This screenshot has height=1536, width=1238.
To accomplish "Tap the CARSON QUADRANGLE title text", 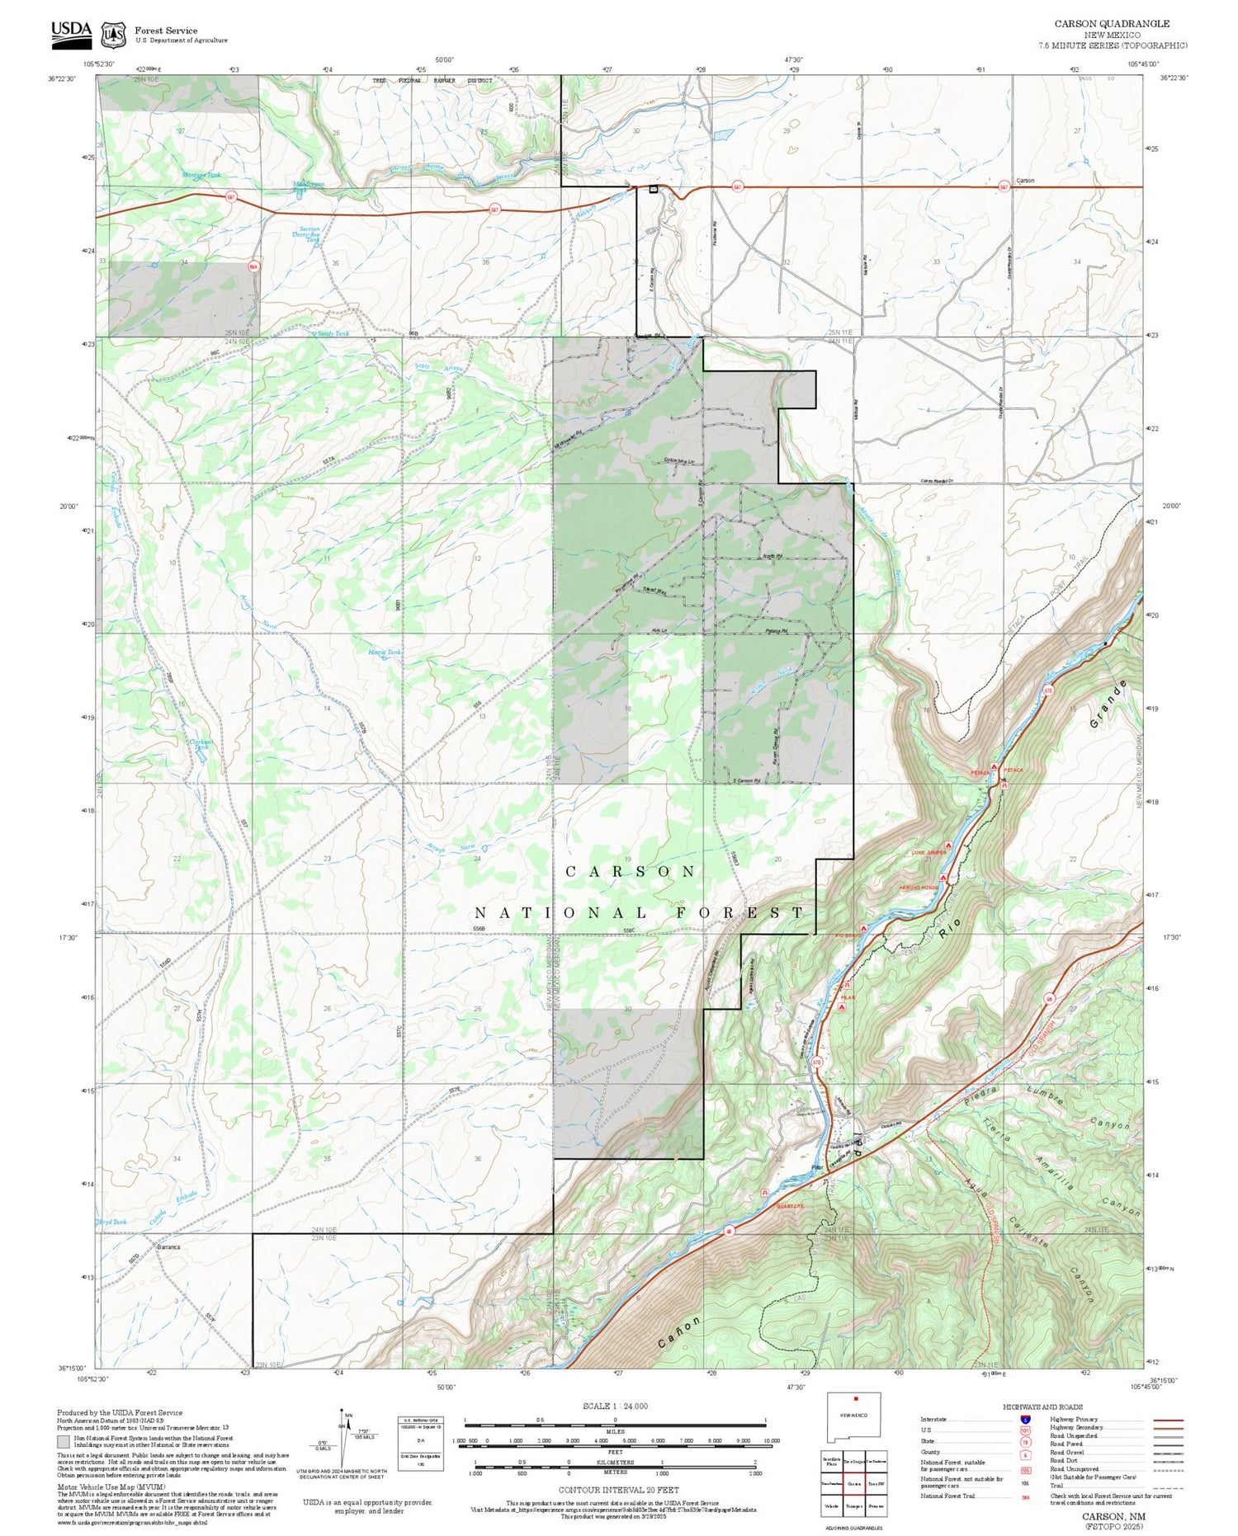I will [x=1112, y=24].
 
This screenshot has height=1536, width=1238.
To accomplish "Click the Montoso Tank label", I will [x=201, y=175].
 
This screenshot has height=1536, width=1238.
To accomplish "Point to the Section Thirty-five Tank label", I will [x=309, y=234].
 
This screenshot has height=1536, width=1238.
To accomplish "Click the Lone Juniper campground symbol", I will [x=949, y=846].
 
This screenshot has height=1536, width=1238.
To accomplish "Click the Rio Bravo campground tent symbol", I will [x=864, y=928].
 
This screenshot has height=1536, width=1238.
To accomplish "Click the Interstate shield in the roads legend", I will [x=1024, y=1419].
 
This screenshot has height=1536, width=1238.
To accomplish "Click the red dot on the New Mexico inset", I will [x=857, y=1399].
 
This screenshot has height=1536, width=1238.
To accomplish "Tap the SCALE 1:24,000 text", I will [x=615, y=1406].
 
